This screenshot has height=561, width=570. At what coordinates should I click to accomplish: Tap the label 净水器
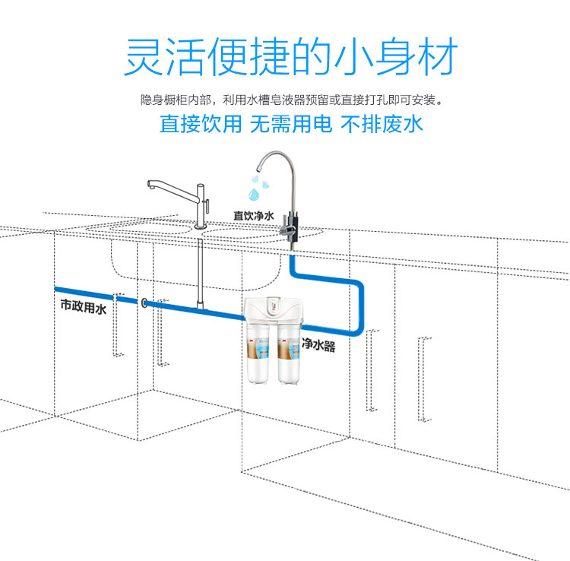318,346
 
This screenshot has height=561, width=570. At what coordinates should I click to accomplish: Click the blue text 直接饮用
200,124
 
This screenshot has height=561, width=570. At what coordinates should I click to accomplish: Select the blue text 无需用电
291,124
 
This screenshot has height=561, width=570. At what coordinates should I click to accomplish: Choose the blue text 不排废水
381,124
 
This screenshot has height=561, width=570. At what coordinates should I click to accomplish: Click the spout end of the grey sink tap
150,191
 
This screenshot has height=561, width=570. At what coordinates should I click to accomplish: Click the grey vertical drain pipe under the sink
200,266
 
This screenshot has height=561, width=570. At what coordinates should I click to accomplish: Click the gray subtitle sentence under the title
291,99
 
